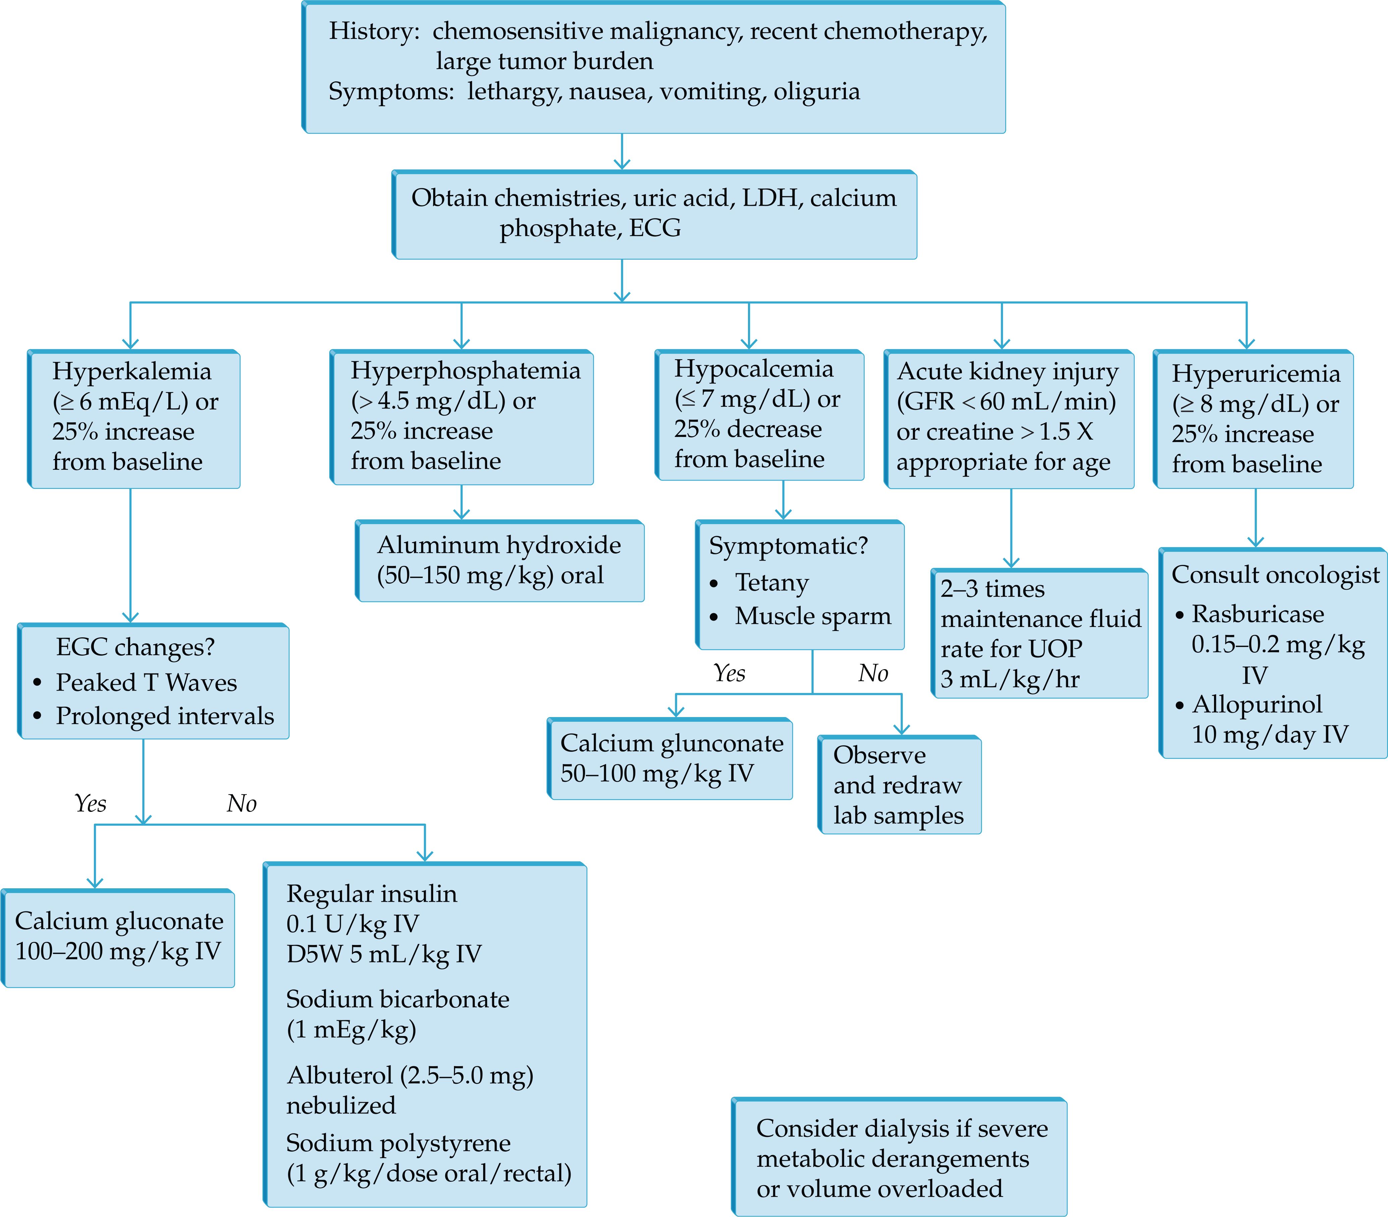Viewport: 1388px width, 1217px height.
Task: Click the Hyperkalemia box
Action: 134,419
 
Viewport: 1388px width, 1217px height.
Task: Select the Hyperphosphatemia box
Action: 462,417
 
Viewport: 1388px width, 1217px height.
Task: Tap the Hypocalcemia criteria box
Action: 759,415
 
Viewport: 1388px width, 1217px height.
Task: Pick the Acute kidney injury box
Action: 1009,419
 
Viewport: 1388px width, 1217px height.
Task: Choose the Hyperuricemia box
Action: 1254,419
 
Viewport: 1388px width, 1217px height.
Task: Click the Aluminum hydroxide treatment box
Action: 500,561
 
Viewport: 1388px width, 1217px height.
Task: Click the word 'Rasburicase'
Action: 1258,614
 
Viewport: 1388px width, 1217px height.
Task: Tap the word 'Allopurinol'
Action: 1257,705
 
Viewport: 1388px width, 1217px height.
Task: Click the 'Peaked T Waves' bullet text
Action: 146,682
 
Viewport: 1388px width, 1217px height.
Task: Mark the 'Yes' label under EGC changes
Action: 90,804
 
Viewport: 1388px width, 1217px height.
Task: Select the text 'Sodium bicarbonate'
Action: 398,999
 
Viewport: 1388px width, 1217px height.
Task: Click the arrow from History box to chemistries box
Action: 622,151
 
